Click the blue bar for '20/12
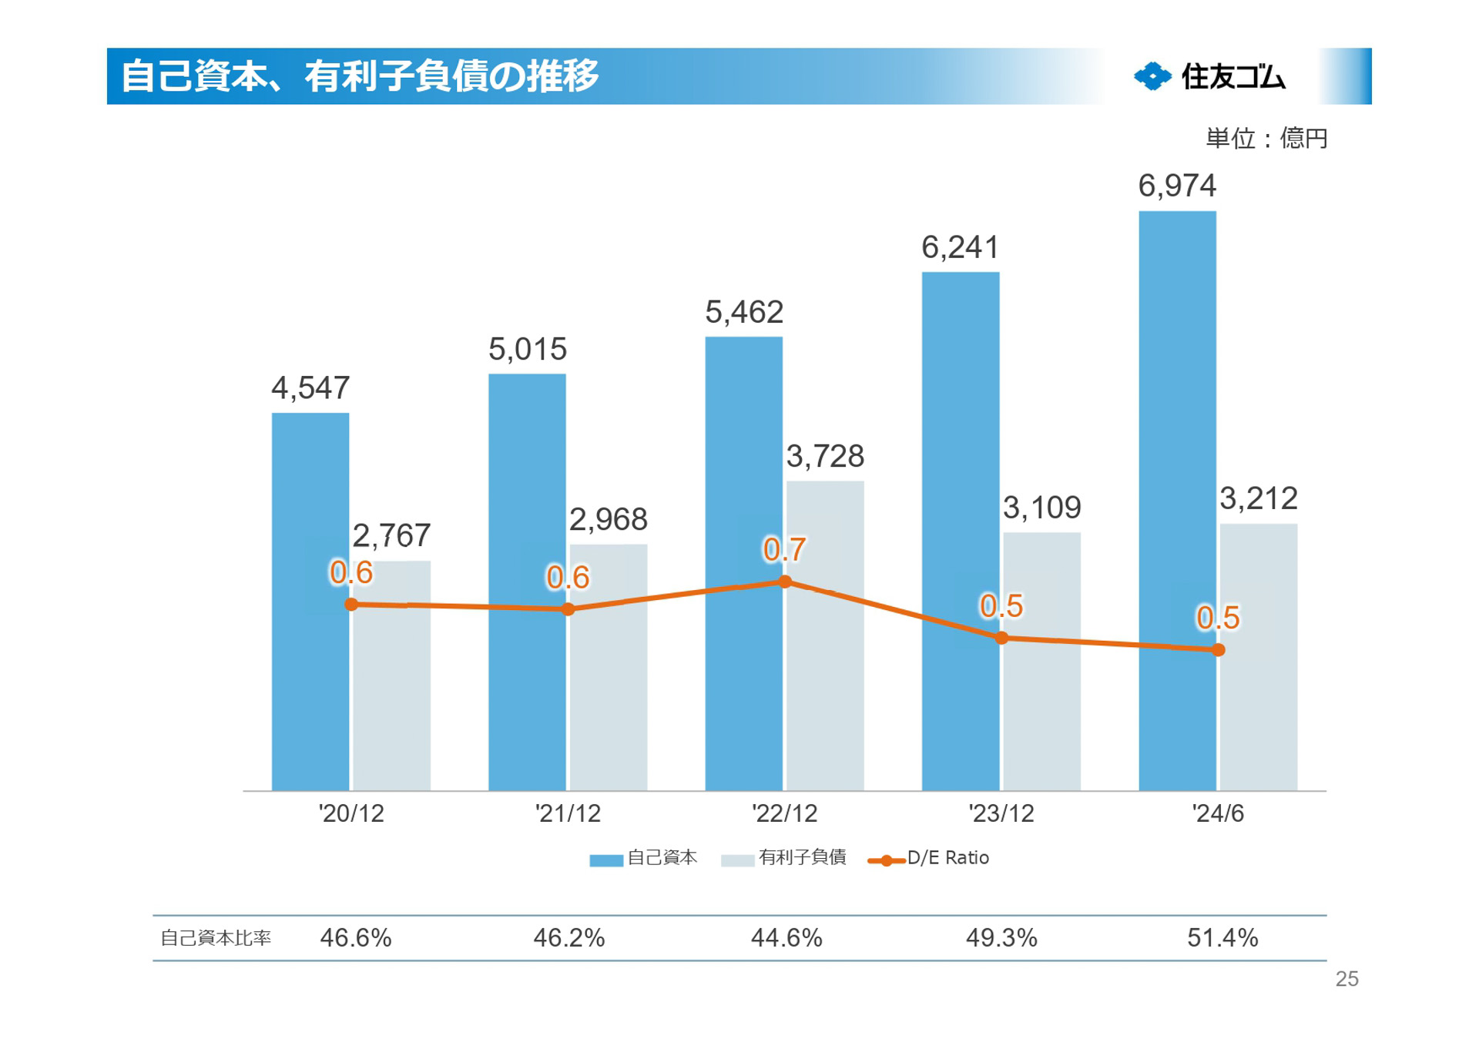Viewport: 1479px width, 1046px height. coord(310,601)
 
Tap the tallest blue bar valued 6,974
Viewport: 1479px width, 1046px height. coord(1177,501)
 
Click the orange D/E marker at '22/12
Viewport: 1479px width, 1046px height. coord(785,582)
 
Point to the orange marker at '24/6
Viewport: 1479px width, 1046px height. coord(1219,650)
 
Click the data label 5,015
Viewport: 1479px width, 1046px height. coord(528,350)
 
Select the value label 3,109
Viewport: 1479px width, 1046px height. coord(1041,508)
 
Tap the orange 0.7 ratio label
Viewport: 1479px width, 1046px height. coord(784,550)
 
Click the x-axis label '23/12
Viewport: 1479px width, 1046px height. coord(1001,813)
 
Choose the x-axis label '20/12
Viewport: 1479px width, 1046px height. coord(351,813)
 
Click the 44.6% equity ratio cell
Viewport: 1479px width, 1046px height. coord(786,938)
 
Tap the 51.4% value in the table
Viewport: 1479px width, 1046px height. coord(1222,938)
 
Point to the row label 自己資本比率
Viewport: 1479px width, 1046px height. coord(216,938)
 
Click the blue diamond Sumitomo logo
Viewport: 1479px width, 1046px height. coord(1152,76)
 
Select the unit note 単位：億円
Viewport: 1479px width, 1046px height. coord(1266,139)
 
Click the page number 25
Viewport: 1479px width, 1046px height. coord(1347,979)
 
